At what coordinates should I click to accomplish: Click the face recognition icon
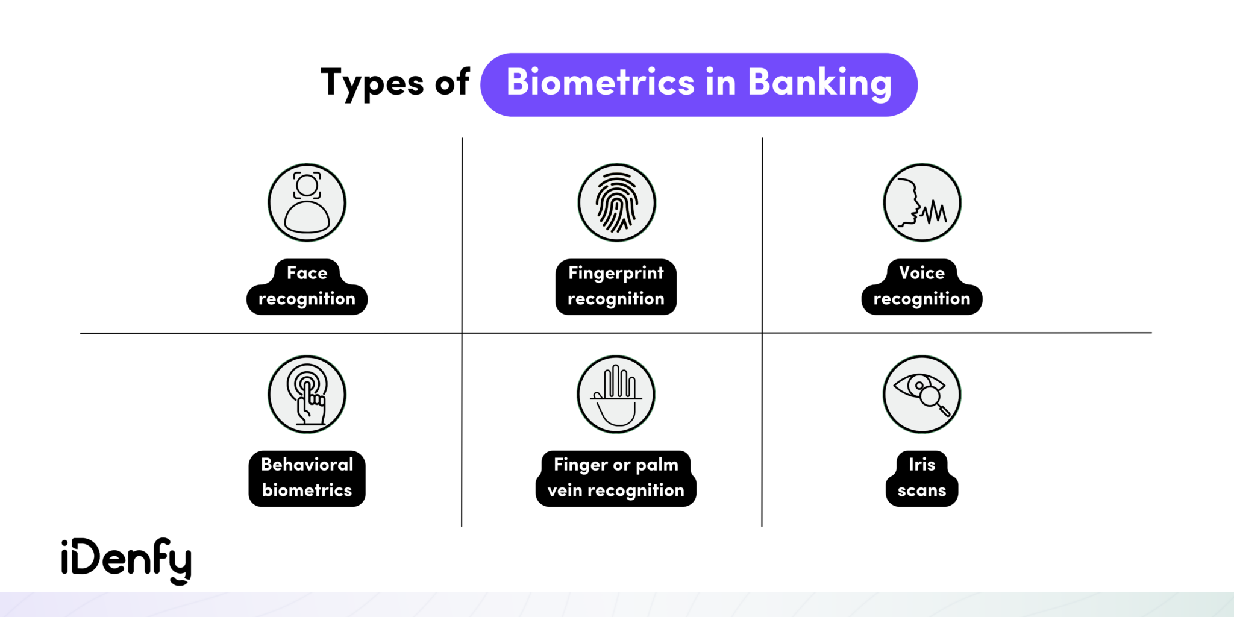[x=307, y=202]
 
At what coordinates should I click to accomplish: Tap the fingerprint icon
[x=616, y=202]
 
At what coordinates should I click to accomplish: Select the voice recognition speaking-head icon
[x=922, y=202]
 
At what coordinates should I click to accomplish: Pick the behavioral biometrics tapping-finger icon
[x=307, y=394]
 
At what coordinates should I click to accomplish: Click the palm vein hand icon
[x=616, y=394]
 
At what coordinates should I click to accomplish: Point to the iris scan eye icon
[x=922, y=394]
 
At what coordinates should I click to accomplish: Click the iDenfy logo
[x=127, y=560]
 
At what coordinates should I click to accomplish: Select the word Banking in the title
[x=819, y=83]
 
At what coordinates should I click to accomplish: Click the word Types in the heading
[x=372, y=83]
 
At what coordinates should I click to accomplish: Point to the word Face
[x=307, y=273]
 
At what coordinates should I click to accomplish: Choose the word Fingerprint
[x=616, y=273]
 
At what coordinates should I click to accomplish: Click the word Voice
[x=922, y=273]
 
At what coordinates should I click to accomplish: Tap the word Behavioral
[x=307, y=465]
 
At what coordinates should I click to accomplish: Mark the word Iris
[x=922, y=465]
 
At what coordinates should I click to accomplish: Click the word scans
[x=922, y=490]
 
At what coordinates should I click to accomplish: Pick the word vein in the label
[x=565, y=490]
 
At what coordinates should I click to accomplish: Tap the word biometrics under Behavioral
[x=307, y=490]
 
